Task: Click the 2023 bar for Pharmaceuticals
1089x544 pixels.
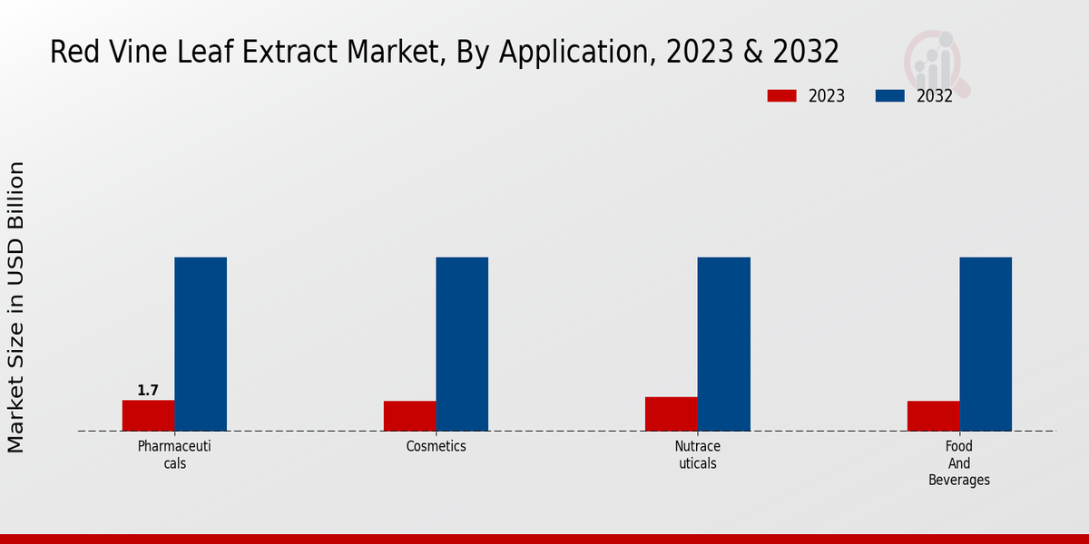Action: point(148,415)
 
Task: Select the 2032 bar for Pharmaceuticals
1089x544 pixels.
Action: point(201,344)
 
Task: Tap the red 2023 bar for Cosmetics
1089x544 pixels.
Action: point(409,415)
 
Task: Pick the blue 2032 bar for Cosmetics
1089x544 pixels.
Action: point(462,344)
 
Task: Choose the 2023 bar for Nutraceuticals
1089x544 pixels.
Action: point(672,413)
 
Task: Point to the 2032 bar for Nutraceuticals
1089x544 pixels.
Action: point(723,344)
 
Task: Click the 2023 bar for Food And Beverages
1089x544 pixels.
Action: point(933,415)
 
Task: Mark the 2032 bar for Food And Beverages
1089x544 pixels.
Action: point(986,344)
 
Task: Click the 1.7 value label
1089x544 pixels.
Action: point(148,391)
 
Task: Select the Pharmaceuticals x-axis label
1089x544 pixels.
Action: point(174,454)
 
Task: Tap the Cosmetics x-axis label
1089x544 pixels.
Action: point(436,446)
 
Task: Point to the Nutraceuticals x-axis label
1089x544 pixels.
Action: point(697,454)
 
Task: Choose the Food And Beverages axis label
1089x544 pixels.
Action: point(959,462)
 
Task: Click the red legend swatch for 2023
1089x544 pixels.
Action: point(781,96)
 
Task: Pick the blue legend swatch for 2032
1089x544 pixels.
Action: point(890,96)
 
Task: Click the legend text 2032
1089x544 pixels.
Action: point(935,96)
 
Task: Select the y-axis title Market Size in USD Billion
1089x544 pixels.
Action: point(16,306)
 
